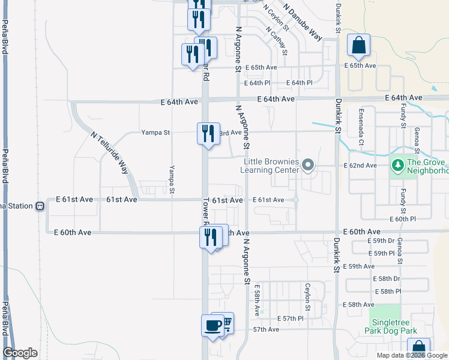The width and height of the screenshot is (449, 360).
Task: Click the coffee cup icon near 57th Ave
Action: (x=212, y=326)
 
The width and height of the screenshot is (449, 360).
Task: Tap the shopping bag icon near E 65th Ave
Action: (x=358, y=46)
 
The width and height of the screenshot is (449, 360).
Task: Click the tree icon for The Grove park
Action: (x=397, y=164)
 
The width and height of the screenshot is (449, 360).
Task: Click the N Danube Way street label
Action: (x=303, y=22)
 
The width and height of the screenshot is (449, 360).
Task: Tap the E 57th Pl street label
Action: (x=291, y=318)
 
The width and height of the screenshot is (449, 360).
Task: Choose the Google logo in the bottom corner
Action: (x=20, y=353)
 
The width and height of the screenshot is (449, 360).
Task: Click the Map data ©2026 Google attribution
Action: (x=411, y=355)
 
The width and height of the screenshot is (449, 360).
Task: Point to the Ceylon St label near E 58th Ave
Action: (x=307, y=296)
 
